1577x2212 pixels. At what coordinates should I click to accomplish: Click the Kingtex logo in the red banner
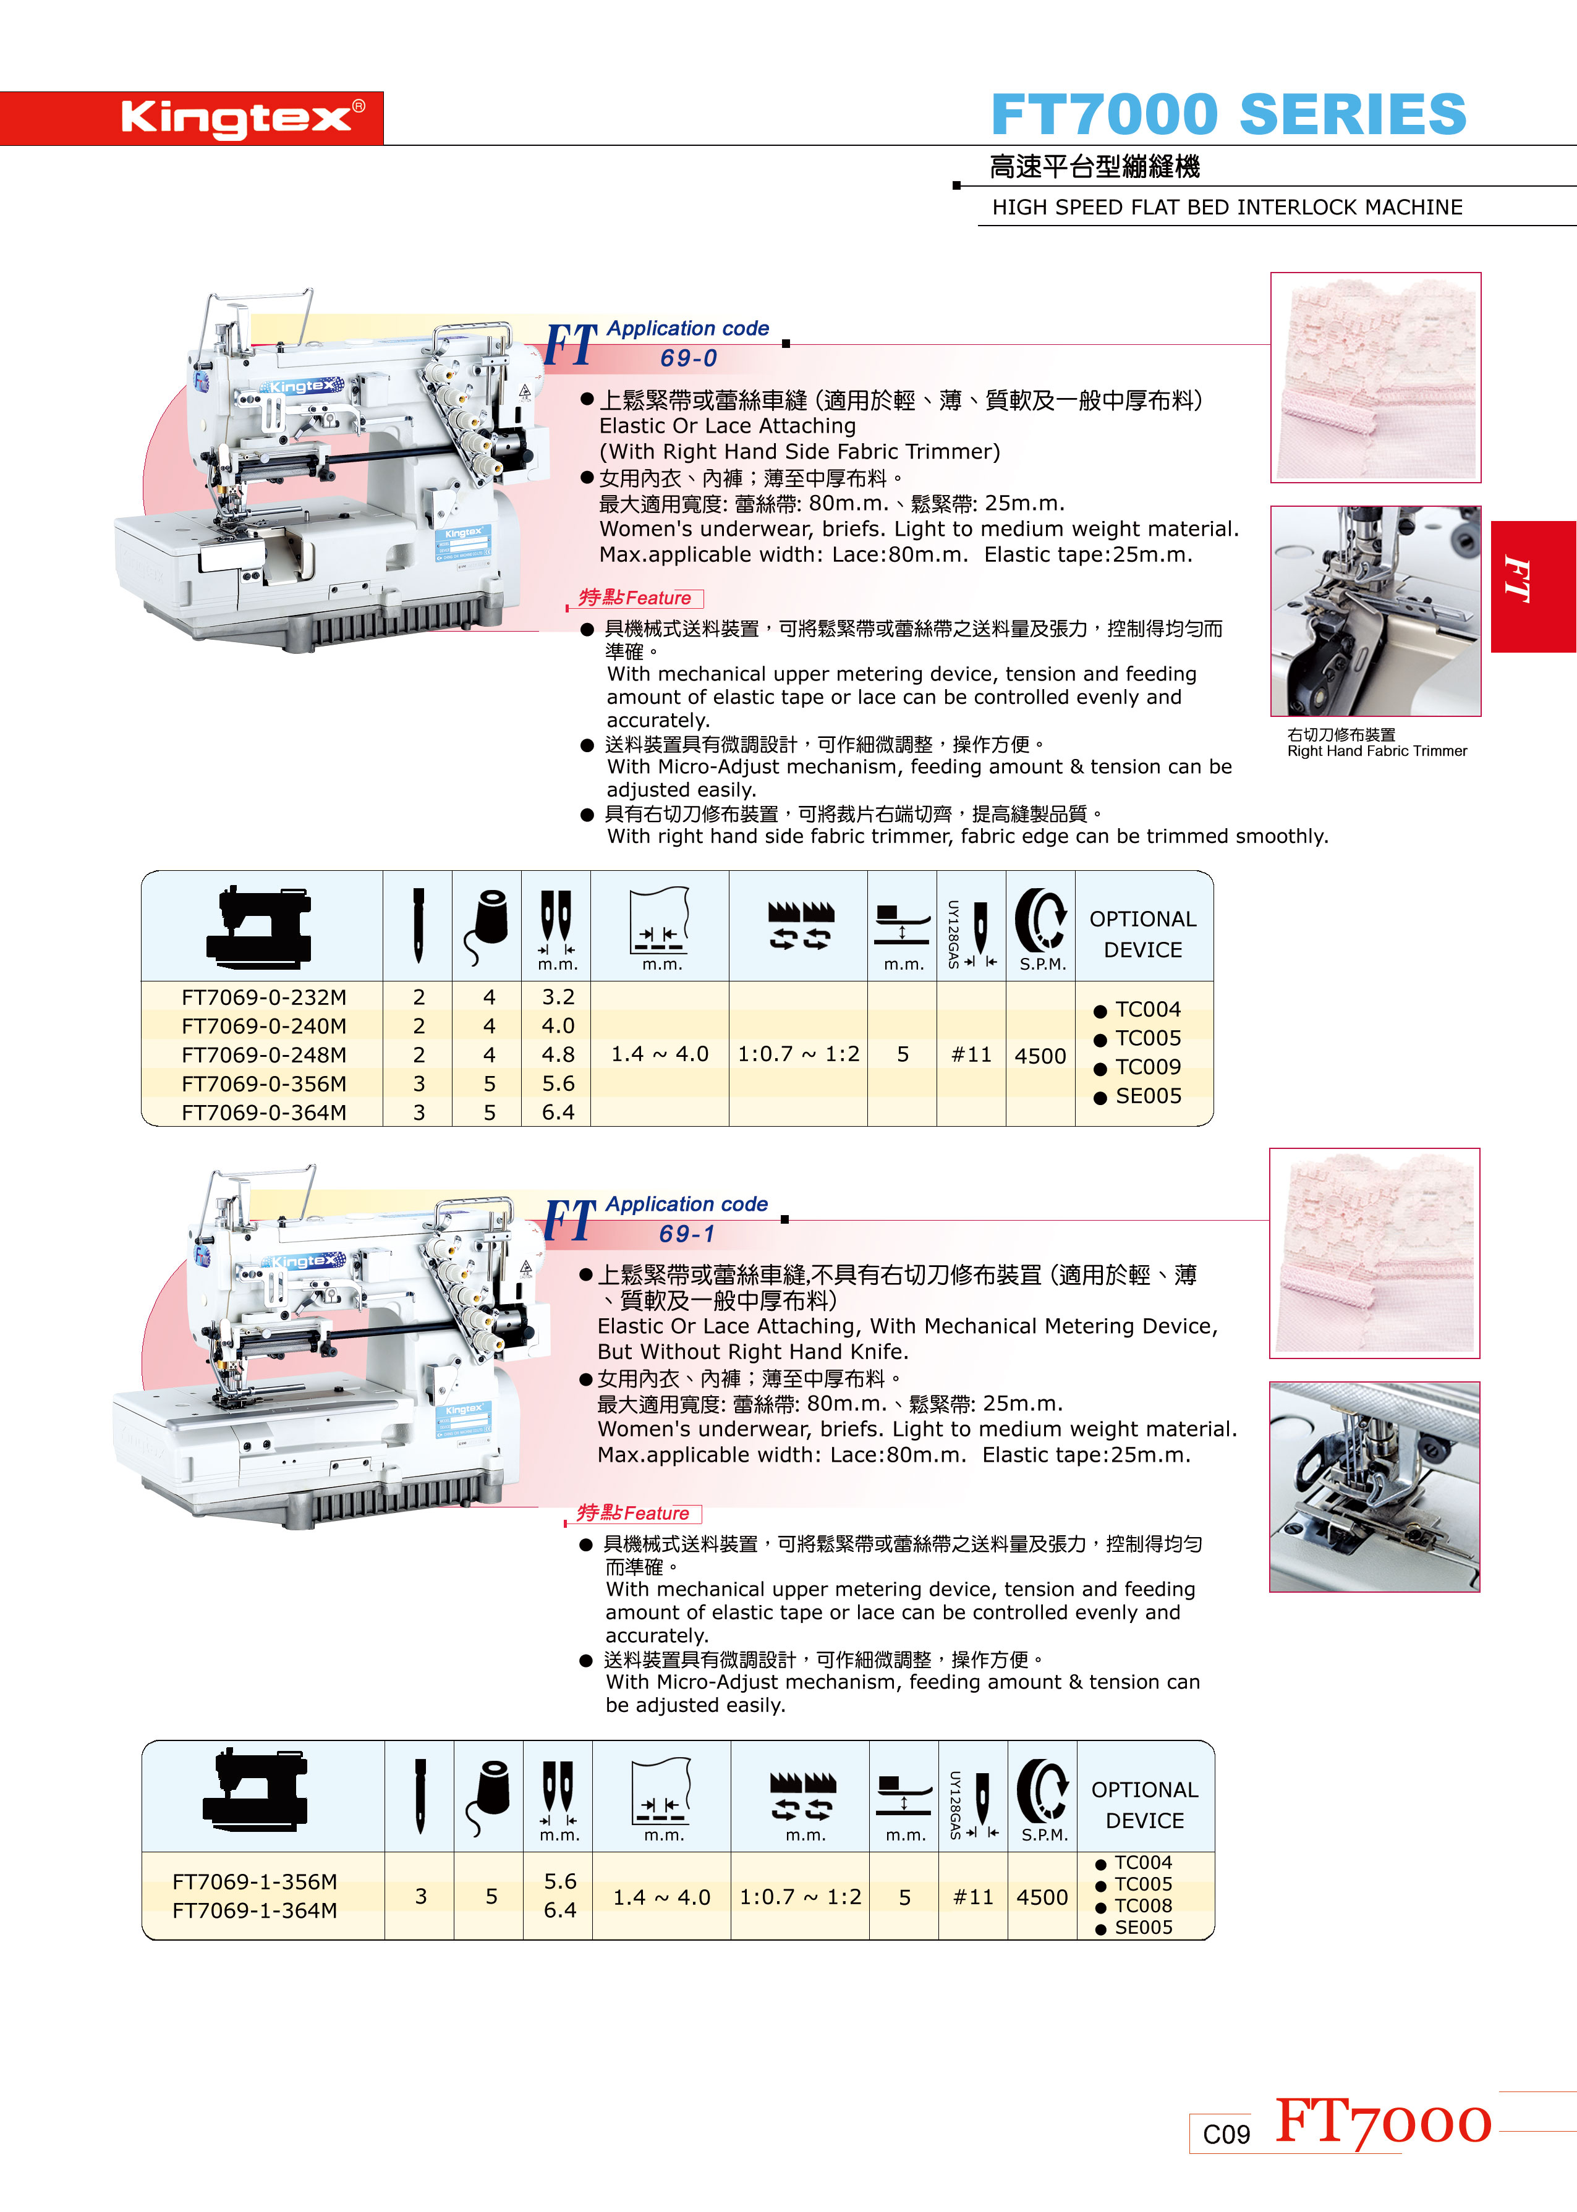[243, 119]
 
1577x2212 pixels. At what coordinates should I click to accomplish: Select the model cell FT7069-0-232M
[263, 997]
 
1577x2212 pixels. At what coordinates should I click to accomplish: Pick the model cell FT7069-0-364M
[263, 1112]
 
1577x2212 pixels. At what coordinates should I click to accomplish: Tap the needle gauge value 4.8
[558, 1054]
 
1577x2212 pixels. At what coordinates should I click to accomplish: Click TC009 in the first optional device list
[1148, 1067]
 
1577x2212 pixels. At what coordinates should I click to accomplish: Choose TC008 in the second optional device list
[1143, 1905]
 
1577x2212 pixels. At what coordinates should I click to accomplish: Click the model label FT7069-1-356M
[255, 1881]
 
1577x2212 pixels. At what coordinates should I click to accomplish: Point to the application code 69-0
[689, 358]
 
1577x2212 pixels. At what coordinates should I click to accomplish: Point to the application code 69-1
[687, 1234]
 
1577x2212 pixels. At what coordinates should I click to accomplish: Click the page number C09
[1226, 2134]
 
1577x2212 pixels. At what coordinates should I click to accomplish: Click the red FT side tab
[1533, 587]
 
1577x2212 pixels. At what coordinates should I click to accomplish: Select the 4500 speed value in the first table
[1040, 1056]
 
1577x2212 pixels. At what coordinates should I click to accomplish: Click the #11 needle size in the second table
[973, 1897]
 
